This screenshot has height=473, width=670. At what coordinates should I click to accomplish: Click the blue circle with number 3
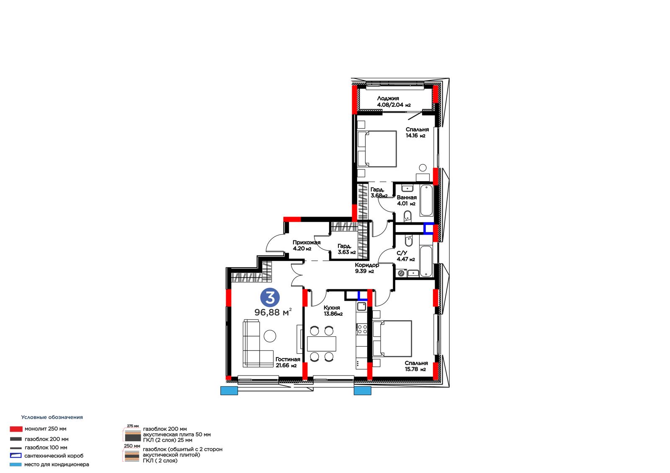pos(270,298)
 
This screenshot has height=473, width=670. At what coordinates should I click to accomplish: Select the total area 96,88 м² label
pos(273,312)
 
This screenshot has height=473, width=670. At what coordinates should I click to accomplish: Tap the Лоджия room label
pos(388,98)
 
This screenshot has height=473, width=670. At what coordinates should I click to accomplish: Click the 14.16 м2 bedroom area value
pos(415,136)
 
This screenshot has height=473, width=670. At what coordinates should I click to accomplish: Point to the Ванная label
pos(407,197)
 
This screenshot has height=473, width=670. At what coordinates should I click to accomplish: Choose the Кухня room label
pos(332,308)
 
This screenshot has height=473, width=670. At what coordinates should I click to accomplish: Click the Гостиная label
pos(288,360)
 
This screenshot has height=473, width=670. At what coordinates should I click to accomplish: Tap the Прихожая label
pos(306,243)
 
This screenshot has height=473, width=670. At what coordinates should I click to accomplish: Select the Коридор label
pos(367,265)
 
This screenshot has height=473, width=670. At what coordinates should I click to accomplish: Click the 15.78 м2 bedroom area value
pos(415,369)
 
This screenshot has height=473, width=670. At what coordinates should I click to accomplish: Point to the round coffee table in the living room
pos(270,336)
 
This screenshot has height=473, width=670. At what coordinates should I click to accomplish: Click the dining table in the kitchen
pos(322,344)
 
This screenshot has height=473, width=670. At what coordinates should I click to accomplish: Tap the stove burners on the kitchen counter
pos(362,329)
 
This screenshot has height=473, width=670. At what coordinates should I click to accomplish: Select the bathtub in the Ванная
pos(426,200)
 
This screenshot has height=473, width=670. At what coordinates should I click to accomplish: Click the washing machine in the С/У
pos(402,273)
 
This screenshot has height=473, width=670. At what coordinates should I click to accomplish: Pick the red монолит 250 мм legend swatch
pos(16,429)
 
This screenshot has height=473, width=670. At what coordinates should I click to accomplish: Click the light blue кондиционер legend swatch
pos(15,465)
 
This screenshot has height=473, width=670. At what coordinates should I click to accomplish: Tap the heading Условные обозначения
pos(52,417)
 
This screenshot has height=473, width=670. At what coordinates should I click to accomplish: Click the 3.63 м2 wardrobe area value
pos(347,252)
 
